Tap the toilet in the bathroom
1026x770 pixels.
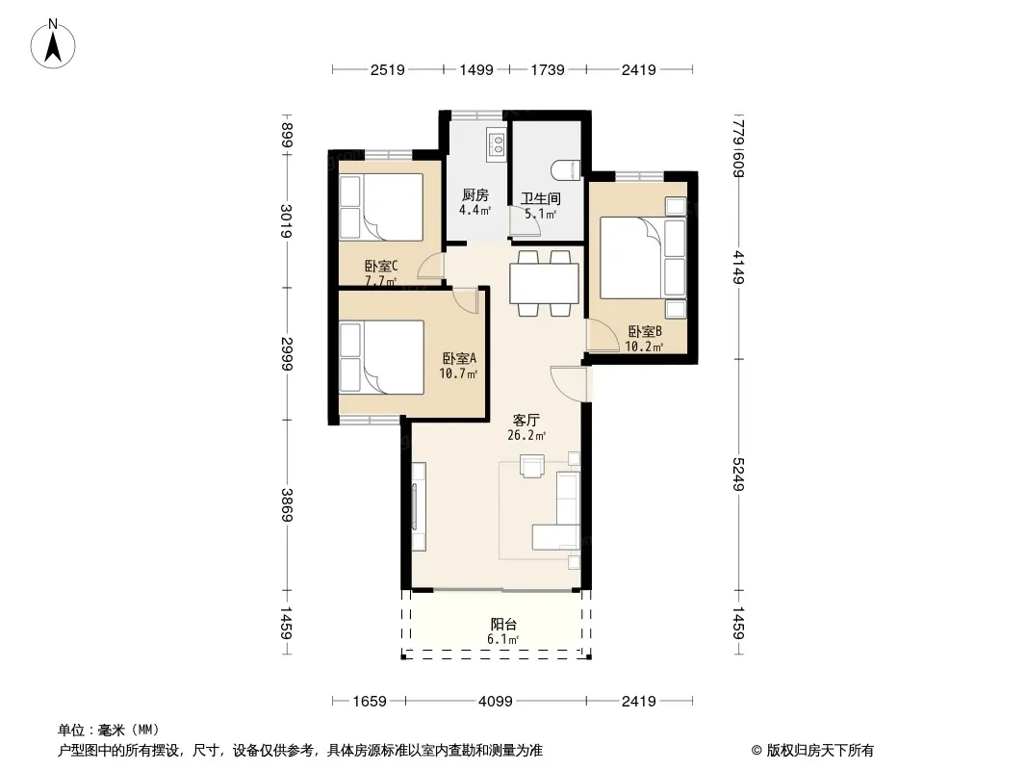(567, 169)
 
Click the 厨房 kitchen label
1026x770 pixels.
(475, 194)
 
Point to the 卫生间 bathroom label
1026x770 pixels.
(541, 198)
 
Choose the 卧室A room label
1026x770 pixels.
(459, 358)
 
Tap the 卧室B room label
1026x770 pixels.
(645, 332)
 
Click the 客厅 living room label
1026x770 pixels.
(526, 420)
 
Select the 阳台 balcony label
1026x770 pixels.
(503, 625)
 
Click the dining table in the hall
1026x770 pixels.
(544, 283)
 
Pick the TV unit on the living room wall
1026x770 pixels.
(418, 505)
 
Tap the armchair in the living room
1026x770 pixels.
(532, 465)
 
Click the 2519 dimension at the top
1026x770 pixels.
(387, 69)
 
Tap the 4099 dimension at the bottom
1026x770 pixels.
(496, 702)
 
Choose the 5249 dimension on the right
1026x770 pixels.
(738, 474)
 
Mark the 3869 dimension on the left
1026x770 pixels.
(286, 504)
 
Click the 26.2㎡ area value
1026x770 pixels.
(526, 435)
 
